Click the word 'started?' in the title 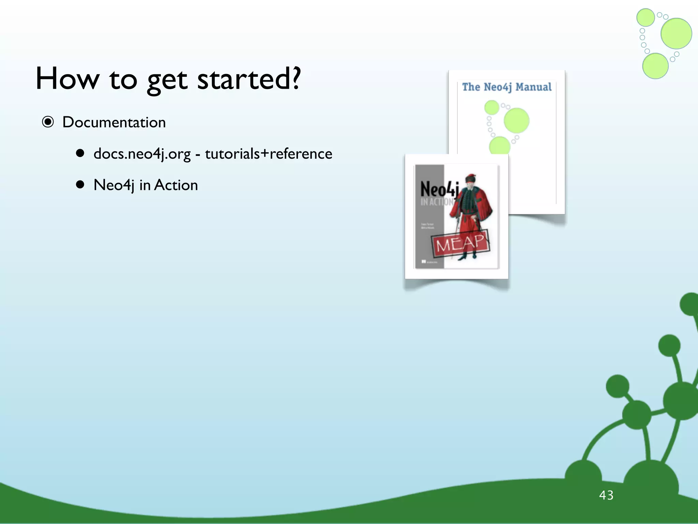click(249, 79)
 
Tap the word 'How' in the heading click(67, 79)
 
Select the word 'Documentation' click(114, 122)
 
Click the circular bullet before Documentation click(48, 122)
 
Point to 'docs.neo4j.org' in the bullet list click(142, 154)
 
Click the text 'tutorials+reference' click(269, 154)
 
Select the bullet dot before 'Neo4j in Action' click(80, 185)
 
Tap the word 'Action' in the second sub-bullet click(176, 185)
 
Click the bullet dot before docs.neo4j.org click(80, 154)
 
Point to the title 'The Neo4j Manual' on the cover click(507, 87)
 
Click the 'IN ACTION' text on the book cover click(436, 202)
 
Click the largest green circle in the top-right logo click(676, 33)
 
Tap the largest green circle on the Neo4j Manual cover click(516, 120)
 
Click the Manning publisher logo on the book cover click(429, 262)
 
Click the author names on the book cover click(427, 226)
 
